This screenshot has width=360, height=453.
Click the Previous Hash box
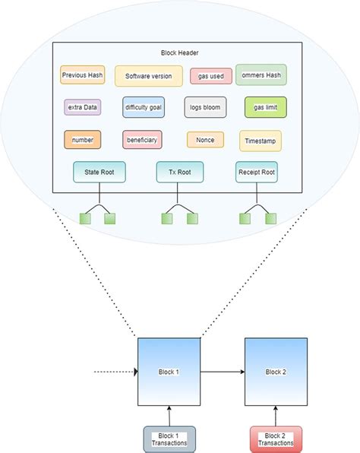click(x=82, y=74)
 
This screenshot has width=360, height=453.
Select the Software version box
click(x=149, y=75)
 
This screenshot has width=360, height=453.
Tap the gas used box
click(x=210, y=76)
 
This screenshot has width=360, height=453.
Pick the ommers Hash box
click(x=261, y=74)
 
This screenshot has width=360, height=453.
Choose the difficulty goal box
click(x=143, y=107)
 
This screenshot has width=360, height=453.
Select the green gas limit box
click(x=265, y=107)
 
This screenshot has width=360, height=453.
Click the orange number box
click(x=82, y=140)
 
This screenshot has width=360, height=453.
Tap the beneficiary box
click(x=142, y=140)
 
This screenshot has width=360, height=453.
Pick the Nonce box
click(x=205, y=140)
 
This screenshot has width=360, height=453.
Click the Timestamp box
click(x=260, y=141)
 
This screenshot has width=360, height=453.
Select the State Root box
click(x=99, y=173)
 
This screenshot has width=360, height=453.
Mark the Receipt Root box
click(x=256, y=173)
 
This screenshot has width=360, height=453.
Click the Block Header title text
click(x=178, y=53)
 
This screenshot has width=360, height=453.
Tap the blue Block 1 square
click(x=169, y=372)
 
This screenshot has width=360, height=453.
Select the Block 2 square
click(x=275, y=372)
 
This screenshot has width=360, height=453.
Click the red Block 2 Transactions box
click(x=276, y=439)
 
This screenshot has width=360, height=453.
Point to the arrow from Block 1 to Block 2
click(x=222, y=372)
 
